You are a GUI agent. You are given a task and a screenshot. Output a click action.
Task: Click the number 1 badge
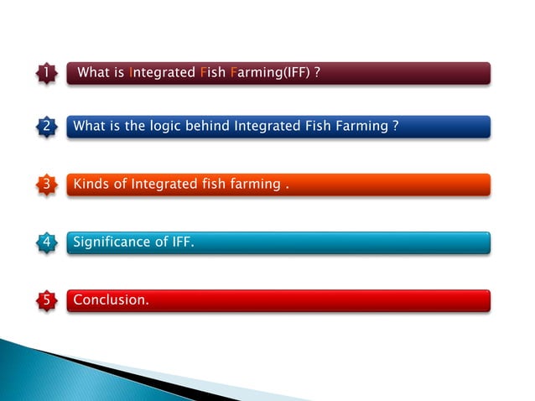coord(46,74)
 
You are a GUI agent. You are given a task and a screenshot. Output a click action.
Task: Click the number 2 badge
coord(46,127)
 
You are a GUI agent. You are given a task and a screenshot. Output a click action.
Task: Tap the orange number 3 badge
coord(46,184)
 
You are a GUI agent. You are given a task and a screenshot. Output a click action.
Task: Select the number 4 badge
coord(46,242)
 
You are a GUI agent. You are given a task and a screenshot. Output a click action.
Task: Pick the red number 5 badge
coord(46,299)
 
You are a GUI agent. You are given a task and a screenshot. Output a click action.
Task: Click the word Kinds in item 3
coord(91,184)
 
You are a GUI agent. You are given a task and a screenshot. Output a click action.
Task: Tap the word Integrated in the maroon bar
coord(162,74)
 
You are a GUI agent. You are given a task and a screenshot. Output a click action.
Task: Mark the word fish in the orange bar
coord(213,184)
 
